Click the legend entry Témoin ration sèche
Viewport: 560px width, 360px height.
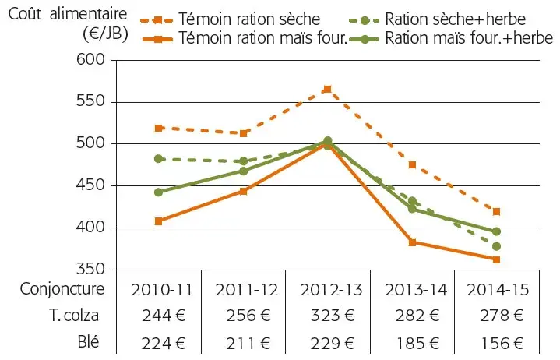(249, 19)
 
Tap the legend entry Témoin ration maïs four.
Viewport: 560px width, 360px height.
(262, 37)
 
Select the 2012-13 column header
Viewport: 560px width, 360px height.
(327, 289)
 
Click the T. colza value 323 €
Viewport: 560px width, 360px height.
(327, 316)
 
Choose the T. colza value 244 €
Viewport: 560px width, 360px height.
(159, 316)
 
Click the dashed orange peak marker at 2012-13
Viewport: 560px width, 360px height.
(327, 90)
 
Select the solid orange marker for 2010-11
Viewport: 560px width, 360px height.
(159, 221)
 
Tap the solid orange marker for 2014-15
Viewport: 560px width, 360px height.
(495, 259)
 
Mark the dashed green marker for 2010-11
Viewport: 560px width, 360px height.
(159, 158)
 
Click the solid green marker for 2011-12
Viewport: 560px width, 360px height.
(243, 171)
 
